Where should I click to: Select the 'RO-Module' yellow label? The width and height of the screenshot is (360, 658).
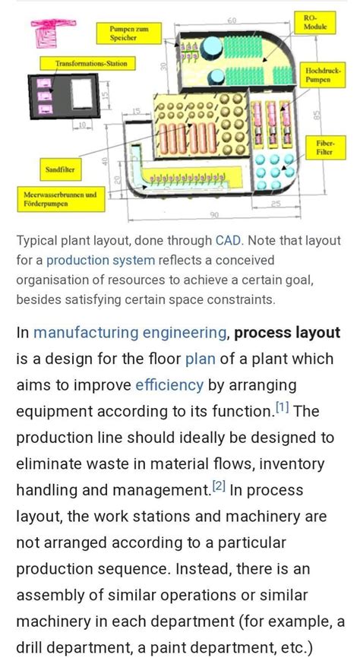coord(311,21)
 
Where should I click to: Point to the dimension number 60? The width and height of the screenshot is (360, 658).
coord(231,19)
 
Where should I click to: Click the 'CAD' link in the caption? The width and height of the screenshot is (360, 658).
coord(228,240)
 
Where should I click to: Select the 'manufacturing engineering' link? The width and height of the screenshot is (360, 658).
coord(129,332)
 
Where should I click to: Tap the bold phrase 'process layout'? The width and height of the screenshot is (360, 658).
coord(287,332)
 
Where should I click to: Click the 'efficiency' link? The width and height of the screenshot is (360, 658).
coord(169,384)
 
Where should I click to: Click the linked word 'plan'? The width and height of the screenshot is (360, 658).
coord(201,359)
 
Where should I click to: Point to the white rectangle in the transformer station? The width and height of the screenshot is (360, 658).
coord(81,96)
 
